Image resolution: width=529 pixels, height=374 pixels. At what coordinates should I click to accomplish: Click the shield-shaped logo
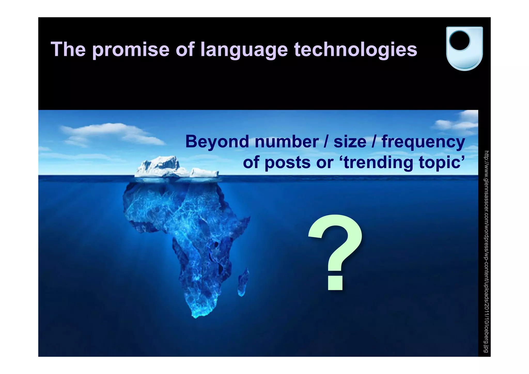pos(464,48)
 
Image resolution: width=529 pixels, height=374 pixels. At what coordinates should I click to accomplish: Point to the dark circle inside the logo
pos(460,41)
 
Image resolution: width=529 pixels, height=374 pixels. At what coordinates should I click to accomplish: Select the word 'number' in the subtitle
pos(286,142)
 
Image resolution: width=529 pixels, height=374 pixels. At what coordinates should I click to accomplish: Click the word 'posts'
pos(287,163)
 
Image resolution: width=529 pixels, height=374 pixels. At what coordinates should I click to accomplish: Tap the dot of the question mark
pos(335,283)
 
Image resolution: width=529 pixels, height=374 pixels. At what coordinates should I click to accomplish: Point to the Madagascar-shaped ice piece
pos(243,282)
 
